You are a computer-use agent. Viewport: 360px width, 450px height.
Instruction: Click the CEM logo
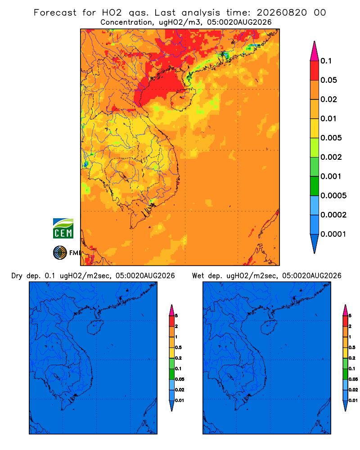[x=63, y=228]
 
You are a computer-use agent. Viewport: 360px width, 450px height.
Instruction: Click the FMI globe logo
[x=60, y=252]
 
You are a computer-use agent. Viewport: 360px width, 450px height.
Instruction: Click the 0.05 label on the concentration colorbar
[x=328, y=80]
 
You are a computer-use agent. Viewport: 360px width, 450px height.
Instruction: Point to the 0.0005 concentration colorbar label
[x=333, y=196]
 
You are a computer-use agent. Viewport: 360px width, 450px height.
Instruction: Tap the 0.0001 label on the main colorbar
[x=333, y=234]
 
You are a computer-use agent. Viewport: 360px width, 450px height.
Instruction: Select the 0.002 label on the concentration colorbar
[x=331, y=157]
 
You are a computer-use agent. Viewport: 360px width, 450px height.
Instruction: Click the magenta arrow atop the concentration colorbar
[x=315, y=51]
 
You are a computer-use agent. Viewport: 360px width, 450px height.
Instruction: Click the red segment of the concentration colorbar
[x=315, y=70]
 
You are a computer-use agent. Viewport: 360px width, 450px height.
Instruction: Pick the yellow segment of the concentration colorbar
[x=315, y=128]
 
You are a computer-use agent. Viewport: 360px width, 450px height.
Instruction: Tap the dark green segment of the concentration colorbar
[x=315, y=186]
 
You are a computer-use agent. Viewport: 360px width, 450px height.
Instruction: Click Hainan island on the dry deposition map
[x=95, y=327]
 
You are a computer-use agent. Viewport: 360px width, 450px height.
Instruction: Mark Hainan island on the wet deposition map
[x=269, y=327]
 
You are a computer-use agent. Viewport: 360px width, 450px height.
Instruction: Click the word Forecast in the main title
[x=55, y=13]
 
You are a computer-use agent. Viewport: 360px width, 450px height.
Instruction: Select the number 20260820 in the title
[x=282, y=13]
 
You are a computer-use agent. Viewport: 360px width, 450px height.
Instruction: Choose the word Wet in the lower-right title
[x=198, y=276]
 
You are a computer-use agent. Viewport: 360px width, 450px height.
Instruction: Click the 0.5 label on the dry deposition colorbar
[x=178, y=347]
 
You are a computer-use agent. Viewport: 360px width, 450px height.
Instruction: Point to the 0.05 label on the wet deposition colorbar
[x=353, y=379]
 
